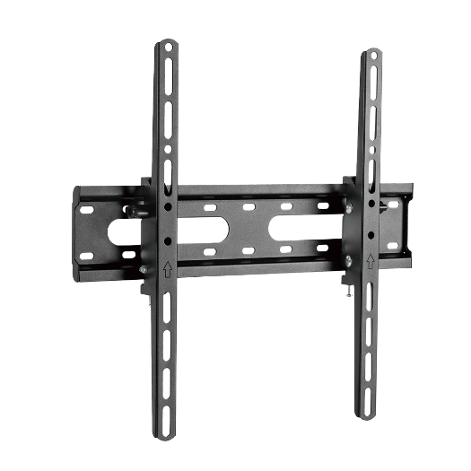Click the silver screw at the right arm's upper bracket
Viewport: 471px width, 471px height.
(x=348, y=208)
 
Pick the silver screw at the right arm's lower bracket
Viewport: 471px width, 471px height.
(x=348, y=261)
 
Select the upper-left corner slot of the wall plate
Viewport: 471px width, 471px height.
(x=87, y=209)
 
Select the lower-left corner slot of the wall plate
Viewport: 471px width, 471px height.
(x=86, y=257)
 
